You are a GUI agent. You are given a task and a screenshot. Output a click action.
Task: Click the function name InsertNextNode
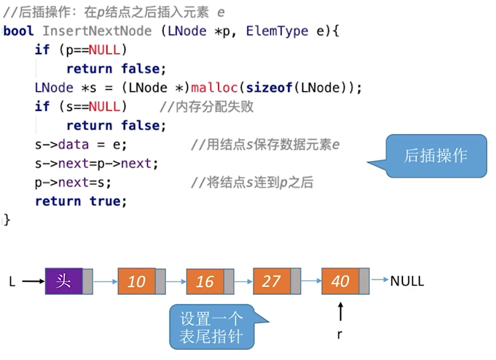(97, 31)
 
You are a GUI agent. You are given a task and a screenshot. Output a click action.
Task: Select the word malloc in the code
(214, 88)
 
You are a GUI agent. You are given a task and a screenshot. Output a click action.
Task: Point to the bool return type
(19, 31)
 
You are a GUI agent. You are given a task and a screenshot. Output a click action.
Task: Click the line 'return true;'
(81, 201)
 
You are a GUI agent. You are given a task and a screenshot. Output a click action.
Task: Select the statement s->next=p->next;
(97, 164)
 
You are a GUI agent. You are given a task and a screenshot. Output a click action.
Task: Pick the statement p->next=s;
(73, 183)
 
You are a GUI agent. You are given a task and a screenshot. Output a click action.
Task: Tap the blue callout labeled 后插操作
(435, 156)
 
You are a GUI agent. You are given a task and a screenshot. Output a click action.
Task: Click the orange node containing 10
(136, 281)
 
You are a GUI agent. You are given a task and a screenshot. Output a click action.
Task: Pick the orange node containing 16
(205, 281)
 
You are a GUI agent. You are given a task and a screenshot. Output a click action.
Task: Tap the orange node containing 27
(271, 281)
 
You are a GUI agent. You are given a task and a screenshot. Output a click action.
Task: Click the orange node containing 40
(340, 281)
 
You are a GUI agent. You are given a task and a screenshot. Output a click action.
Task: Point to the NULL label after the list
(407, 281)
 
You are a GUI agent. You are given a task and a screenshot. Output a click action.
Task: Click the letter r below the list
(340, 335)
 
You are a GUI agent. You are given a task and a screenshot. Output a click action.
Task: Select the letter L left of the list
(12, 282)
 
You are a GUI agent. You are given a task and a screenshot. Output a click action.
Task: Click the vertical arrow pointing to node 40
(340, 312)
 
